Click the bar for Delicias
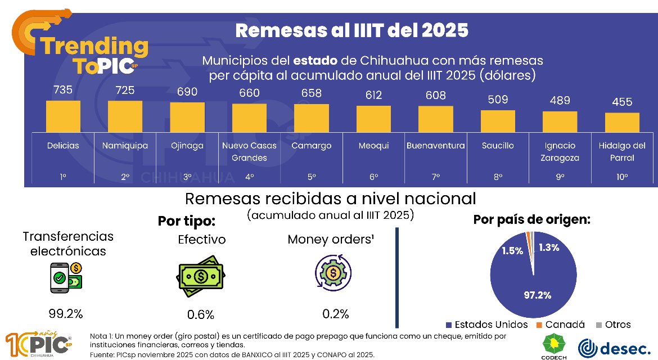tap(63, 116)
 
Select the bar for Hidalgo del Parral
tap(622, 122)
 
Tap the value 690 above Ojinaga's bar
tap(187, 92)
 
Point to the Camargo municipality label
tap(311, 146)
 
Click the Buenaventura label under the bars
tap(436, 146)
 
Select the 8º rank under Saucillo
tap(498, 177)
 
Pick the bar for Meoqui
tap(373, 118)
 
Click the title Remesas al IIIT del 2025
tap(351, 30)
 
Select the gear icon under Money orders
tap(333, 274)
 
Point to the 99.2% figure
tap(66, 313)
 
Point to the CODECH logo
tap(553, 345)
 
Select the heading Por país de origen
tap(531, 219)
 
